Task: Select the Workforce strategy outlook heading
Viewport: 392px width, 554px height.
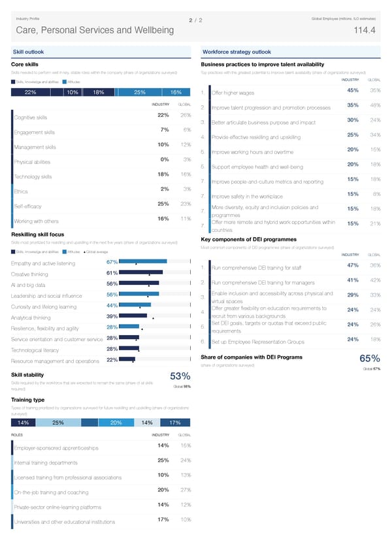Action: [x=237, y=52]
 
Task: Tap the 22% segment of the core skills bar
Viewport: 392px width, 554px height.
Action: [x=30, y=92]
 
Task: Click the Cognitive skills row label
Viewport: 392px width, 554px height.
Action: [x=31, y=118]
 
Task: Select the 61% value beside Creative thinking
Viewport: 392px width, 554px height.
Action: [x=111, y=273]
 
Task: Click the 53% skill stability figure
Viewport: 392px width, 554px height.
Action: [x=180, y=376]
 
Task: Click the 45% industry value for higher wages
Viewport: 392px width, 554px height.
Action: [x=352, y=90]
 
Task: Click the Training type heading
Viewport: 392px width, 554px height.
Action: [x=28, y=399]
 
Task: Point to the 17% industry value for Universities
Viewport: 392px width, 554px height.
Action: [x=163, y=519]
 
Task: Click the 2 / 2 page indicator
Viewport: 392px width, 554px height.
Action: [x=195, y=21]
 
